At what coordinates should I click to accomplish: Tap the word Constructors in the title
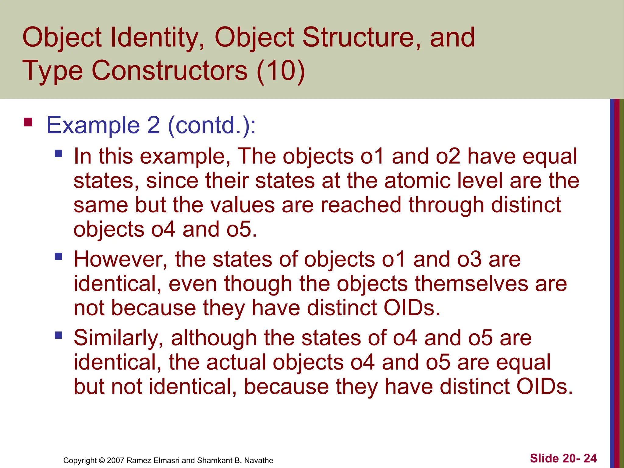169,71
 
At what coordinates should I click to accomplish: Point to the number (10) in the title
280,71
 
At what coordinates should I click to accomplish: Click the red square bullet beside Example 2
28,122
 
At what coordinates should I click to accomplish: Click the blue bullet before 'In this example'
58,153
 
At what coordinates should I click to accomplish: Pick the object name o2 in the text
448,156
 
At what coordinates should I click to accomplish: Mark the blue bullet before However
58,257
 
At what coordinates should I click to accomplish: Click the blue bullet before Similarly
58,335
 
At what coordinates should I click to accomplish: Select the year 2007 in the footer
116,460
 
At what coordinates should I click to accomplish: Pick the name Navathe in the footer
259,460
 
